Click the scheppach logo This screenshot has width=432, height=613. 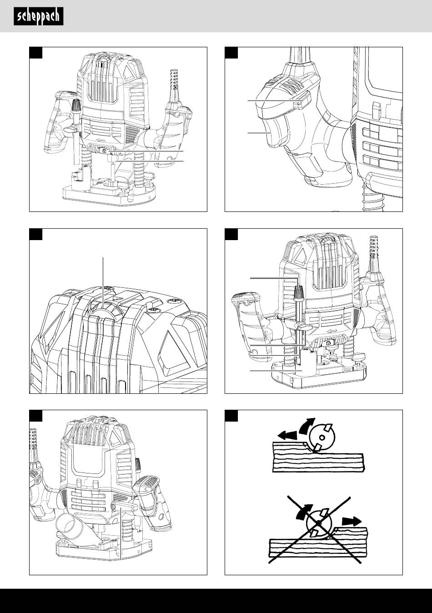38,17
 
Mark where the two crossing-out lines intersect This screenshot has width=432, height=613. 319,523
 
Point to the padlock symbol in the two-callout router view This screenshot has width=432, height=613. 104,151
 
